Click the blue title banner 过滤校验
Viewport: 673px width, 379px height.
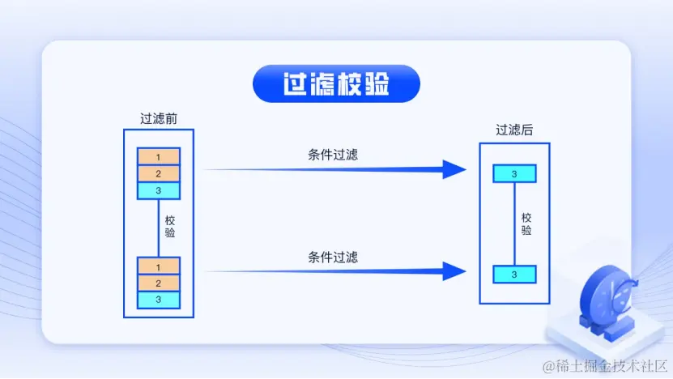pos(336,84)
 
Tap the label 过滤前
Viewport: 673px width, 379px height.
pos(159,118)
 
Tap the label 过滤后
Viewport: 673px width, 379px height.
pos(514,130)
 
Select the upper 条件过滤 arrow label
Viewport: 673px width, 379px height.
pos(333,155)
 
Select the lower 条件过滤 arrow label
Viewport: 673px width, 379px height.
pos(333,258)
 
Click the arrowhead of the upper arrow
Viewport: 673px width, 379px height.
pos(454,169)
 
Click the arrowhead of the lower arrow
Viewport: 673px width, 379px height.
pos(454,271)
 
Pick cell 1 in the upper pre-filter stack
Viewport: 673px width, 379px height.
pos(159,156)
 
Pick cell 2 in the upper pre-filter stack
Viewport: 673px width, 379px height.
pos(159,173)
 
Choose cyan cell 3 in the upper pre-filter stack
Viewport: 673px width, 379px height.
pos(159,190)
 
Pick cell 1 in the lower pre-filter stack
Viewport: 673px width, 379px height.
pos(159,266)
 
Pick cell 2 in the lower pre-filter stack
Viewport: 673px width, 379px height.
pos(159,283)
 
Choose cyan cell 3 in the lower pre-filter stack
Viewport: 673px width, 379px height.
pos(159,300)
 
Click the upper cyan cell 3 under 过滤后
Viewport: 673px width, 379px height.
pos(514,173)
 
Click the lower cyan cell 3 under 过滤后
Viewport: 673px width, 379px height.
pos(514,274)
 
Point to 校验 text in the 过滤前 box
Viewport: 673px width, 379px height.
pos(170,226)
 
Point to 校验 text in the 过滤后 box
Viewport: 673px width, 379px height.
pos(526,224)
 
